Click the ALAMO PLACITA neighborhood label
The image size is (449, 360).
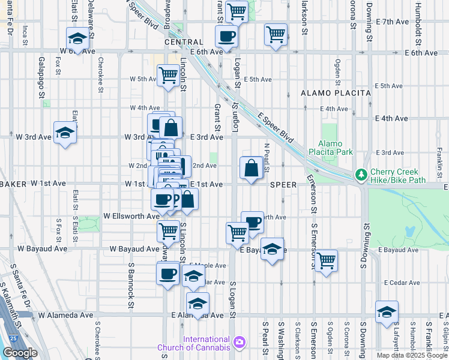325,94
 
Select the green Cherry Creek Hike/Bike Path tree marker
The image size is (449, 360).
361,175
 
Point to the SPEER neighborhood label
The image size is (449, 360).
283,185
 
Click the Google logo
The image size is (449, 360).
20,353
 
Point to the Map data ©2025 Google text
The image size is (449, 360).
411,355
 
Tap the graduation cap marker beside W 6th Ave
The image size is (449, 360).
77,40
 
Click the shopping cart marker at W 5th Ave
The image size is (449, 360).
168,76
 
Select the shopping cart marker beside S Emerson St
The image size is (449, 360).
326,260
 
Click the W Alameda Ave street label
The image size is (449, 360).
66,314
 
